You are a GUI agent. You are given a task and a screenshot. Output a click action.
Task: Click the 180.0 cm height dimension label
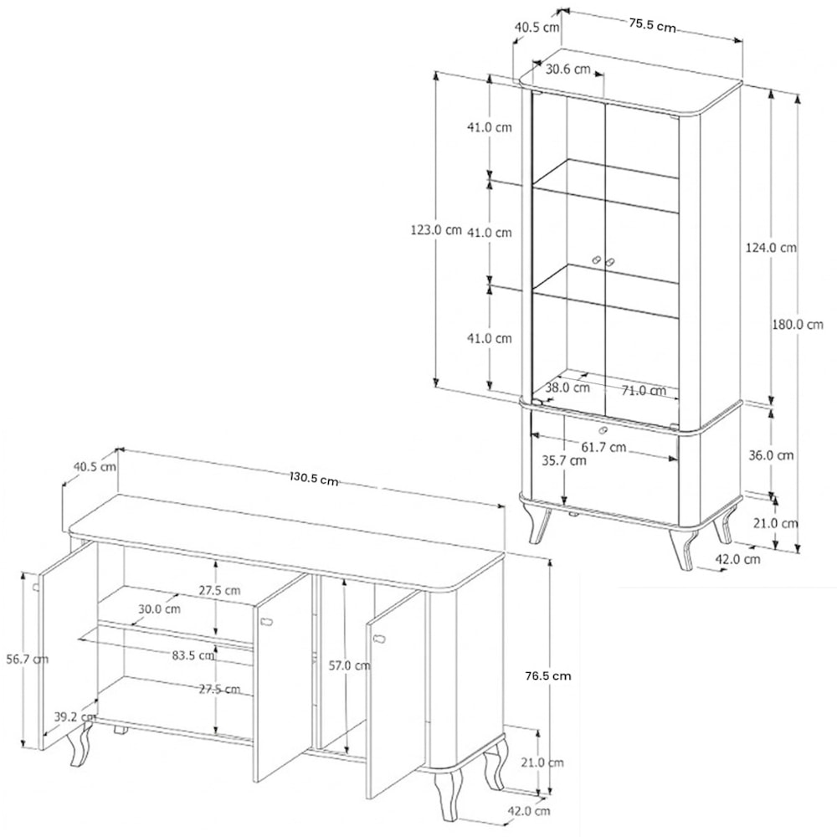798,324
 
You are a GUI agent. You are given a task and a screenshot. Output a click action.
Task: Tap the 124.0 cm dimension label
771,248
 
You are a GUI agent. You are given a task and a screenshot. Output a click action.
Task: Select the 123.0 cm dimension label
435,230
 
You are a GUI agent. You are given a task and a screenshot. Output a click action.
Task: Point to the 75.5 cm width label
652,25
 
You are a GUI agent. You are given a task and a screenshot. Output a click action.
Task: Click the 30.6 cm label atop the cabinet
568,69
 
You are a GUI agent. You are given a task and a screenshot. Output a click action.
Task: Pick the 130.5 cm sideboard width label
314,478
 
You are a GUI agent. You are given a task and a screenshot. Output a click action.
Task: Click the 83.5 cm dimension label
193,655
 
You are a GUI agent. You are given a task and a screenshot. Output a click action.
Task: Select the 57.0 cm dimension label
349,665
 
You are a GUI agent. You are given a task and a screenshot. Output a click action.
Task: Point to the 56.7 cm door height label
28,660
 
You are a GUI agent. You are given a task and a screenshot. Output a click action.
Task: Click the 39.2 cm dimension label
74,716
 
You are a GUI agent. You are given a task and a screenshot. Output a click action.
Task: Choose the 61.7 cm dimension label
603,446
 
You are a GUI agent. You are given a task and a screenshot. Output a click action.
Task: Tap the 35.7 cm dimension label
563,460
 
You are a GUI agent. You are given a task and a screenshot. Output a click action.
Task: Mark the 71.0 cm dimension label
644,391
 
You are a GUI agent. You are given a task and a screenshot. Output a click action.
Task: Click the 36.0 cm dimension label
771,455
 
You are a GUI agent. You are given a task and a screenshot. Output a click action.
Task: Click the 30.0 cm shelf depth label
159,608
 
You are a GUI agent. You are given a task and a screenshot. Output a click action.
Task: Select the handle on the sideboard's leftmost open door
36,588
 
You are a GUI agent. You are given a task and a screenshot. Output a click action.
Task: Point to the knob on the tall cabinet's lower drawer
603,429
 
